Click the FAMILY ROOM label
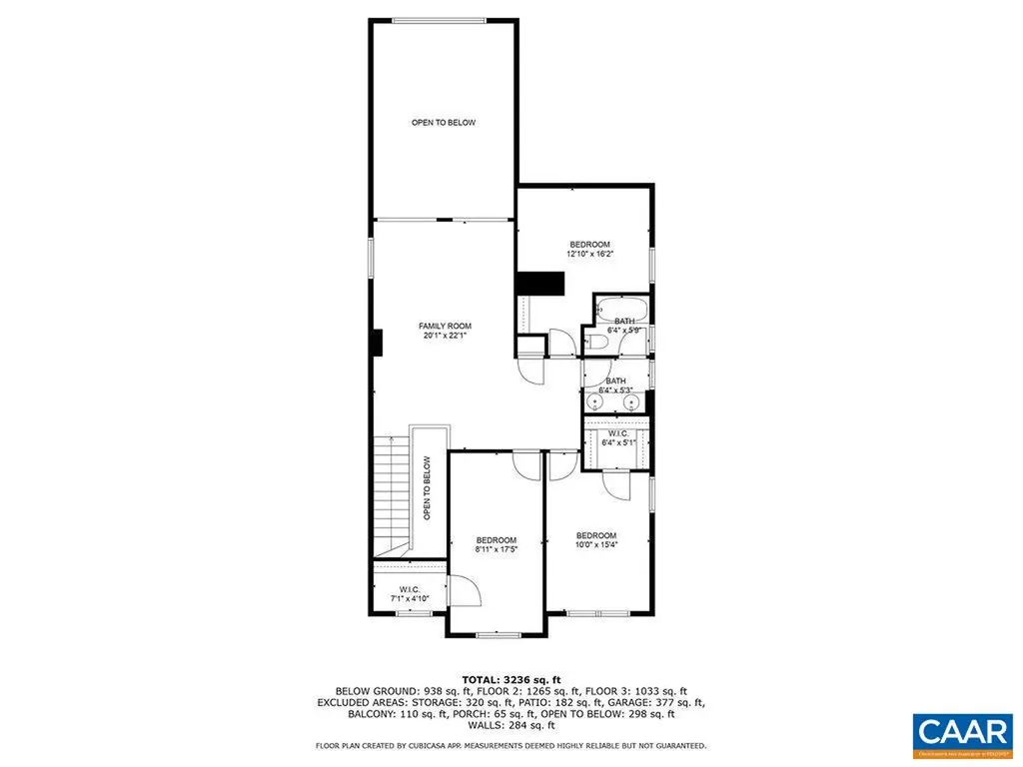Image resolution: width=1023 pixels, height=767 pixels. [445, 326]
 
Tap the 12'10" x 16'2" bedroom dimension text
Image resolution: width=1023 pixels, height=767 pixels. [589, 255]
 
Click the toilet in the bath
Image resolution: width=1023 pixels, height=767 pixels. [597, 343]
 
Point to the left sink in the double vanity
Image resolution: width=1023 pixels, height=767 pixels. [595, 401]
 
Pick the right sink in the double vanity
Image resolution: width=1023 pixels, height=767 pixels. [632, 401]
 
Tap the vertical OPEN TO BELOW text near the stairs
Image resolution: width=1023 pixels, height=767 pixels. [427, 488]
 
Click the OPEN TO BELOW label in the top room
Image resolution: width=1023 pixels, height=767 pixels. [444, 123]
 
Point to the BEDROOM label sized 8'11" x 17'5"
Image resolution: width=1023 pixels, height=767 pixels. [496, 539]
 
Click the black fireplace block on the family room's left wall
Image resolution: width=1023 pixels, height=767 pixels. [375, 343]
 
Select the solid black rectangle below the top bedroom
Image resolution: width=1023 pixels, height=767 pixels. [539, 284]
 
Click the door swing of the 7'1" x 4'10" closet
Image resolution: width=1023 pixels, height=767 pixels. [466, 591]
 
